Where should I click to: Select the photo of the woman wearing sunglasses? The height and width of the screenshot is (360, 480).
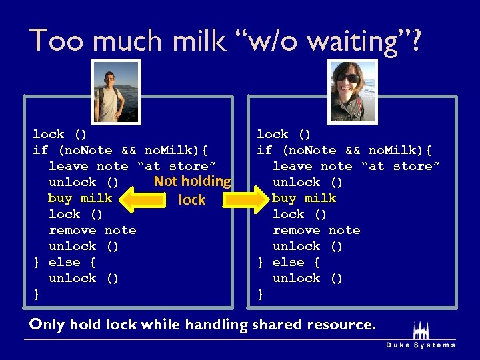(x=353, y=91)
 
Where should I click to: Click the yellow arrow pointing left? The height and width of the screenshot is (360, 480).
(x=145, y=199)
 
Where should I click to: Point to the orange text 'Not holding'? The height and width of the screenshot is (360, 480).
(x=192, y=181)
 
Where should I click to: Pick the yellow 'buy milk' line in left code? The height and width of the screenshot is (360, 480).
(x=80, y=198)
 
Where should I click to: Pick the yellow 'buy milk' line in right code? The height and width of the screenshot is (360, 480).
(x=304, y=198)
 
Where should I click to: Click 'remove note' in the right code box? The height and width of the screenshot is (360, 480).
(x=316, y=230)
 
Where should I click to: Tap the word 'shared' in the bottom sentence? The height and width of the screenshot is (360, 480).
(x=276, y=325)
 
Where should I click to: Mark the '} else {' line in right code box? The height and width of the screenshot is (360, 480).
(x=289, y=262)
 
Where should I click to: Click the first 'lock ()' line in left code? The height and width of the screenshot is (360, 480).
(x=59, y=134)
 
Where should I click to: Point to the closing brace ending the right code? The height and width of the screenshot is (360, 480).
(x=261, y=294)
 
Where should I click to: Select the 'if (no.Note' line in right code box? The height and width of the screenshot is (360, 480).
(x=344, y=150)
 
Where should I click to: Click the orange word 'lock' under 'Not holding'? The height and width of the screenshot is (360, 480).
(x=192, y=200)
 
